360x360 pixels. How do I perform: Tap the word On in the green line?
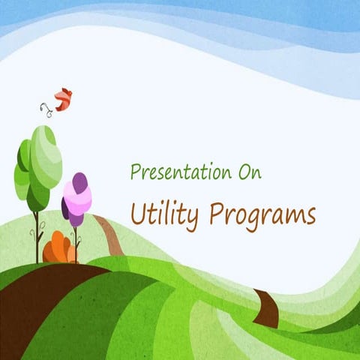(x=247, y=172)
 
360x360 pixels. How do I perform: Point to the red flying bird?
(x=64, y=99)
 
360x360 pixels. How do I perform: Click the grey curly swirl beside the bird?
(x=46, y=109)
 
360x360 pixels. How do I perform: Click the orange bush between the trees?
(x=58, y=248)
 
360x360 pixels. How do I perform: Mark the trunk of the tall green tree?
(x=37, y=236)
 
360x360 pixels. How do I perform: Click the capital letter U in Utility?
(x=138, y=213)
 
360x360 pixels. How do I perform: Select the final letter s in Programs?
(x=310, y=217)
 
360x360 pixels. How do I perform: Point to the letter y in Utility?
(x=193, y=219)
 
